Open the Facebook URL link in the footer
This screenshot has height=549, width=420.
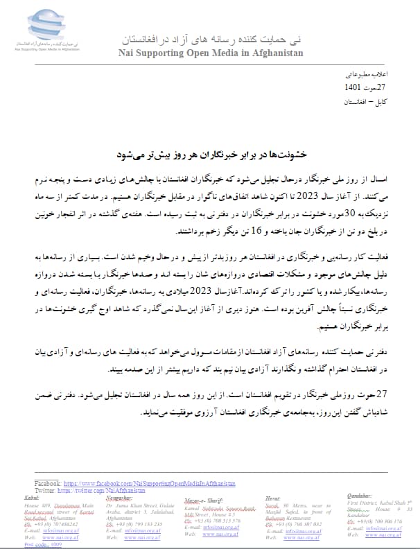point(149,482)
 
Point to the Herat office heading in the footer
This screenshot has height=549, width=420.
point(274,498)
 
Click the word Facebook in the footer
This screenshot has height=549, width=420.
point(46,482)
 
